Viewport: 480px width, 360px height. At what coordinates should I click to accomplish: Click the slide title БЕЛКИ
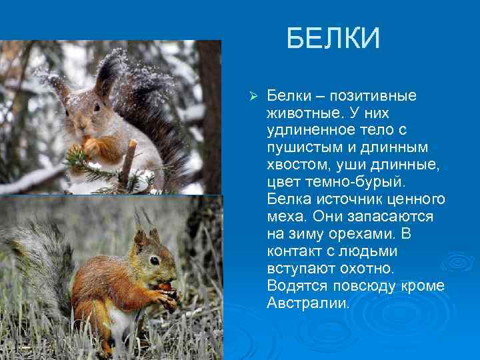tap(333, 39)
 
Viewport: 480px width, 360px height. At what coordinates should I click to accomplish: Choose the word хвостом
tap(295, 165)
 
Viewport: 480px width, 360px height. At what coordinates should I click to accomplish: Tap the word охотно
tap(369, 269)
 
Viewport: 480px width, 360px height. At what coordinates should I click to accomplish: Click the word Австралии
tap(307, 303)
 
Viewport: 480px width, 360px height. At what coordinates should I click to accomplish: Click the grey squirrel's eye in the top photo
tap(97, 107)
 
